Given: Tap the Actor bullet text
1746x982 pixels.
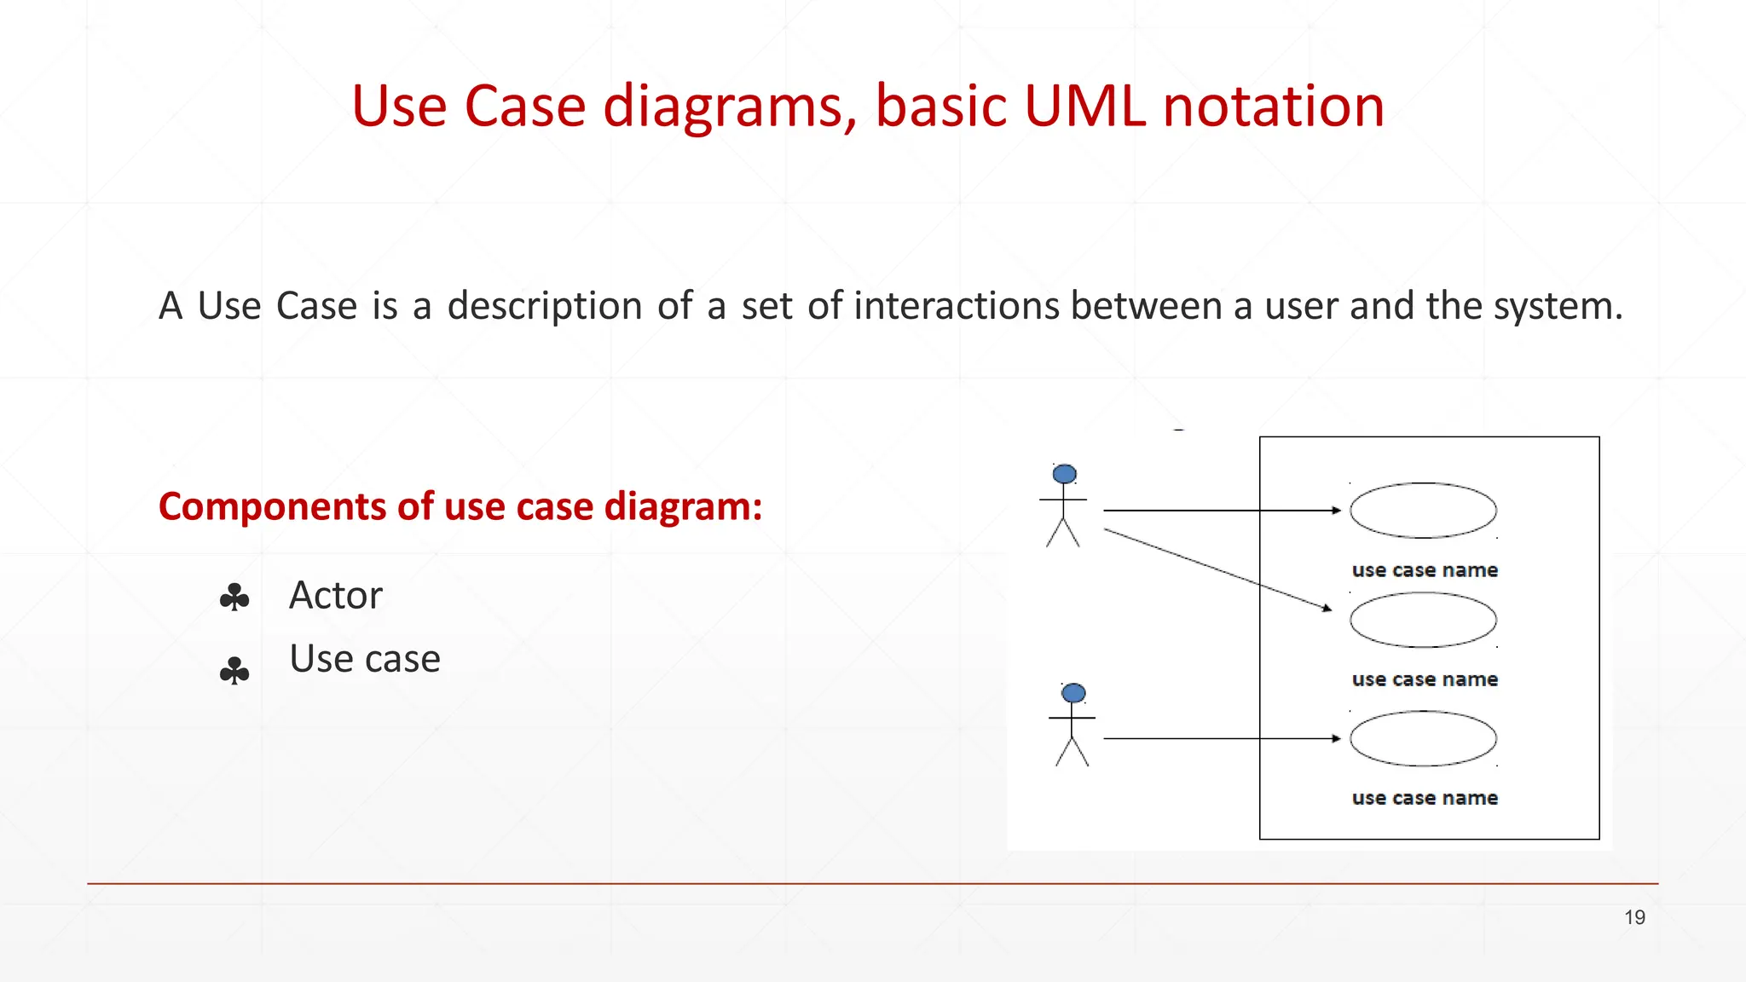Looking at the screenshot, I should [x=336, y=595].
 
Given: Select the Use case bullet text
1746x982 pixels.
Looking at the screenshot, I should [x=365, y=659].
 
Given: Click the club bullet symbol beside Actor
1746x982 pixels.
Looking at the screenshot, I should [x=234, y=597].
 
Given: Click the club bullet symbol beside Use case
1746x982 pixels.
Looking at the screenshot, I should [x=234, y=671].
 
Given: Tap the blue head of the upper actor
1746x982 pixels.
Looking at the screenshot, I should [x=1064, y=474].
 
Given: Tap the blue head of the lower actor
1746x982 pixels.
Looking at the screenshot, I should [x=1073, y=693].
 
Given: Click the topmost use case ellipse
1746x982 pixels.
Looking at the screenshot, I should [x=1423, y=511].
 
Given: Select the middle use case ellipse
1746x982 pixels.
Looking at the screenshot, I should [x=1423, y=620].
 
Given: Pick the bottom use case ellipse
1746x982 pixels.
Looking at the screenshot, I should [x=1423, y=738].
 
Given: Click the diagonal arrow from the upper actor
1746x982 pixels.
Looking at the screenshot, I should [x=1219, y=569].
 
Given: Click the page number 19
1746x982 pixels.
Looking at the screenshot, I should [x=1634, y=917].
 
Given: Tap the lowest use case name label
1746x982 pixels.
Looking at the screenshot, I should [x=1425, y=798].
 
